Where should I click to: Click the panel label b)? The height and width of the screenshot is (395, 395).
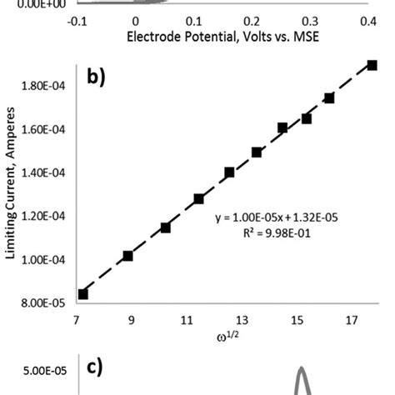(x=98, y=78)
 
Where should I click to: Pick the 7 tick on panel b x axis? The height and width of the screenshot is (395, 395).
(x=77, y=320)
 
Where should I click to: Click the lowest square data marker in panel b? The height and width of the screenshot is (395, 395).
(x=82, y=293)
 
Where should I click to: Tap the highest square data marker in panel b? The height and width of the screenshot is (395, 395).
(x=372, y=65)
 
